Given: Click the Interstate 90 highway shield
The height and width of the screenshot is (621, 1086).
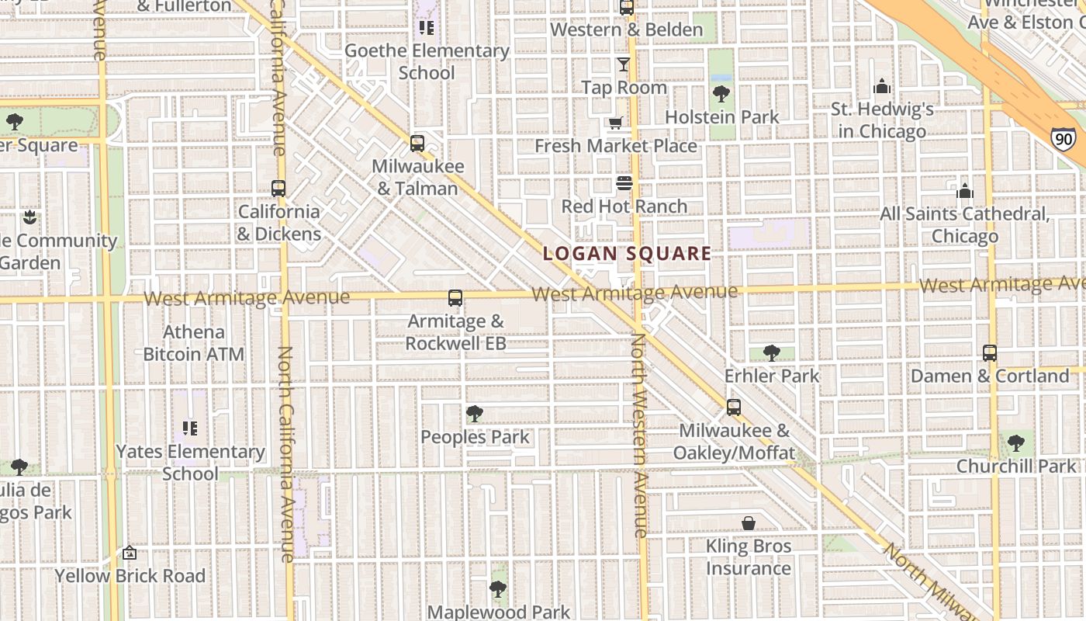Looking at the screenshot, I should coord(1064,139).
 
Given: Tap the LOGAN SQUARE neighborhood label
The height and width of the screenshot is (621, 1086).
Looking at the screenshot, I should coord(627,253).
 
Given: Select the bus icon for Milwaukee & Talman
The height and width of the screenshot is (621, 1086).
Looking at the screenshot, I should coord(417,144).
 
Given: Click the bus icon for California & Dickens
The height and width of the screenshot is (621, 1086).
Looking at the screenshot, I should coord(278,189).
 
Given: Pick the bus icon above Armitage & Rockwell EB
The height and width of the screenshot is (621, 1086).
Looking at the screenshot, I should coord(455,298).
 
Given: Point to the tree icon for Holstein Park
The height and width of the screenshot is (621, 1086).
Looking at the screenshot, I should coord(721,94).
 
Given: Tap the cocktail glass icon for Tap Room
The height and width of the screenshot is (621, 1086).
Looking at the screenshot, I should coord(624,64).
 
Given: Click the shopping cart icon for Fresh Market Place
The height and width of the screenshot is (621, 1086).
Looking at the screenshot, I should coord(615,123).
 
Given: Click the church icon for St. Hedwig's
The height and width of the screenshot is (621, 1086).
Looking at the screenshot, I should coord(882,86).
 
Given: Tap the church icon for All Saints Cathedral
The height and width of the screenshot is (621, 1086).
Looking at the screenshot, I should coord(965,190).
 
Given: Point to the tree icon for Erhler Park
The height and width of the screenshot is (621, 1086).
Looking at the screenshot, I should coord(771,353).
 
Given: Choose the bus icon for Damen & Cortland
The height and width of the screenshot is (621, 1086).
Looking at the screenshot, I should coord(990,353).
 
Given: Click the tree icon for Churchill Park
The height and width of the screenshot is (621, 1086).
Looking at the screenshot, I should coord(1016,443).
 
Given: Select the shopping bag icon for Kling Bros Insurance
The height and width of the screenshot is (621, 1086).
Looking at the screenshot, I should coord(749,523).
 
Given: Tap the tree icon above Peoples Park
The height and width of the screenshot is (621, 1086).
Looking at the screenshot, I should coord(475,414).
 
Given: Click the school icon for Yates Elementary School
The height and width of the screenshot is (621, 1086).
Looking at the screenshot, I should coord(190,428).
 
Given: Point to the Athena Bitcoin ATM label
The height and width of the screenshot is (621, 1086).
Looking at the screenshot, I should coord(193,343).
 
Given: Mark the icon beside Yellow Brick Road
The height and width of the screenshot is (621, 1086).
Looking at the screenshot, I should coord(130,553).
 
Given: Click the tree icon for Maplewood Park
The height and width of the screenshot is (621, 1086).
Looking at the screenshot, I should coord(499,589).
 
